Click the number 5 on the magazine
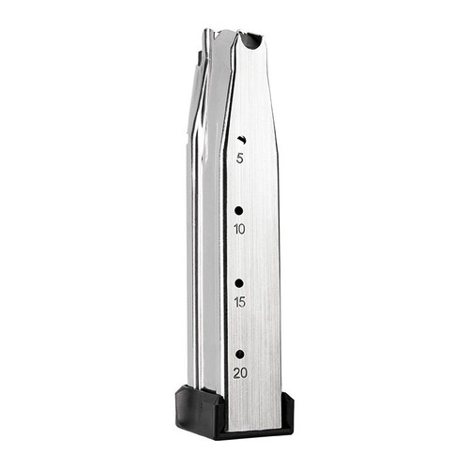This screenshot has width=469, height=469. click(x=240, y=159)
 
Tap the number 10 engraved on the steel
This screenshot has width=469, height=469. click(x=239, y=229)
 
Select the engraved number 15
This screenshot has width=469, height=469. click(x=239, y=302)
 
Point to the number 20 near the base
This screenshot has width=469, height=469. click(x=240, y=372)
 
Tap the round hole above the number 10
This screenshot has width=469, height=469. click(x=239, y=211)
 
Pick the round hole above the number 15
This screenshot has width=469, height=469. click(x=239, y=282)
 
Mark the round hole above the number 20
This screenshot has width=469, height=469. click(x=240, y=354)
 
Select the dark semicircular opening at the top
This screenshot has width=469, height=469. click(x=250, y=41)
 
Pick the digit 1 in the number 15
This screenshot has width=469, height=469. click(x=235, y=302)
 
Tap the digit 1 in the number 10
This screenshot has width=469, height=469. click(x=235, y=229)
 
